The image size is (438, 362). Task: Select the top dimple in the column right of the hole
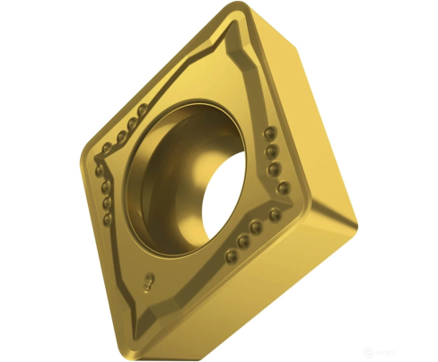(269, 134)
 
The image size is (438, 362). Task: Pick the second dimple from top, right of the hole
(271, 151)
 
